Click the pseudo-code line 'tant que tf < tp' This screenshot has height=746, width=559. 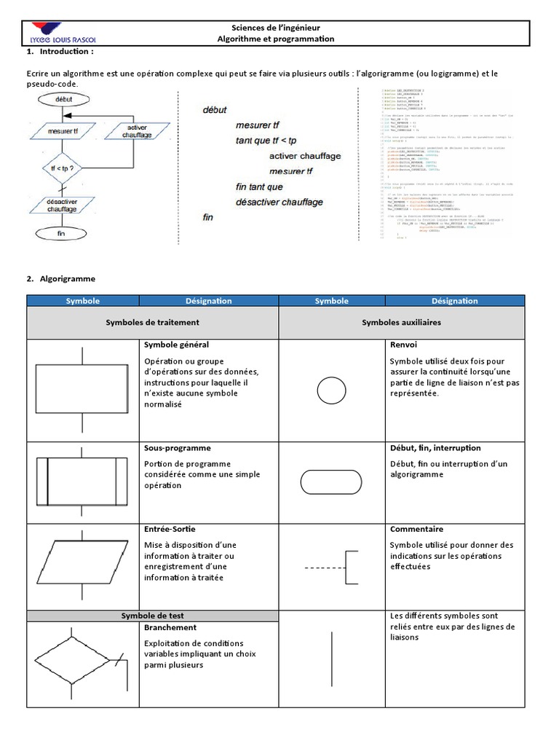pos(269,141)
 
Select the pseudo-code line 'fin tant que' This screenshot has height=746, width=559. pos(261,186)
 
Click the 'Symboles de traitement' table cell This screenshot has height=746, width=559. pos(152,321)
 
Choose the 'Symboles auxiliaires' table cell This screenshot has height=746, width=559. pos(400,321)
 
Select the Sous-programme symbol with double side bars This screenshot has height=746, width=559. pos(82,481)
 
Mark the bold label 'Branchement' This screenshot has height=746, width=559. pos(170,627)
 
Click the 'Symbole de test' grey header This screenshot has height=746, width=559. pos(152,616)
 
